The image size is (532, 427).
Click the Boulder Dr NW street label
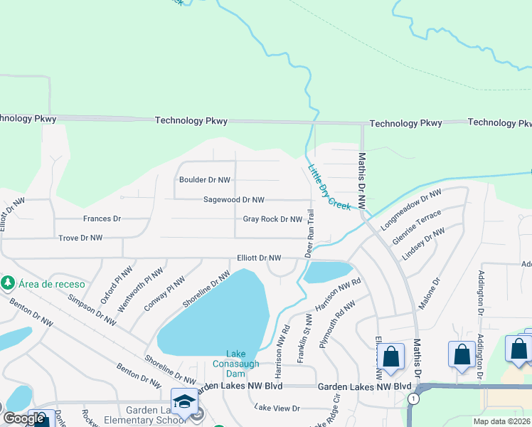(x=205, y=181)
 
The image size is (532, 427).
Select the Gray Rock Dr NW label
(x=272, y=220)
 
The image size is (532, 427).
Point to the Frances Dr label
(x=102, y=219)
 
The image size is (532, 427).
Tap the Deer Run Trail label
(x=310, y=233)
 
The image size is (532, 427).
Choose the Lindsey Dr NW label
(x=424, y=243)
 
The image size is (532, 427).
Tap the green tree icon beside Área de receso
(x=9, y=283)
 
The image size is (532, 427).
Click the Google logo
(x=24, y=418)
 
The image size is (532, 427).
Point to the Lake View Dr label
(x=277, y=408)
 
